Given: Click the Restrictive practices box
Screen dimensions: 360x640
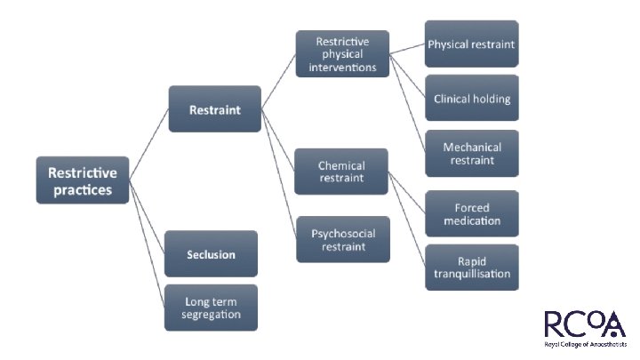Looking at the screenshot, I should pyautogui.click(x=83, y=180).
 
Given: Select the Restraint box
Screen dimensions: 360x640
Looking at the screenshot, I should pyautogui.click(x=214, y=109).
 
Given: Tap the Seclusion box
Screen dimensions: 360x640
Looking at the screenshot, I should pyautogui.click(x=211, y=254).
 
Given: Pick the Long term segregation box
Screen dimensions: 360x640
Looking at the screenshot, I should pyautogui.click(x=211, y=308).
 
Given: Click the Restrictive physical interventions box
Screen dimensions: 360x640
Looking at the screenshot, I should pyautogui.click(x=342, y=53).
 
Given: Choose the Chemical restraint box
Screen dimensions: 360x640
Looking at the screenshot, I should pyautogui.click(x=342, y=172).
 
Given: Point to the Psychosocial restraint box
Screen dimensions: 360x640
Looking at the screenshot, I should pyautogui.click(x=342, y=239).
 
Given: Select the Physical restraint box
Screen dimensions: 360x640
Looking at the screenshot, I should pyautogui.click(x=471, y=44).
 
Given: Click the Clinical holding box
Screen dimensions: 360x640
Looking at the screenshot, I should pyautogui.click(x=471, y=99).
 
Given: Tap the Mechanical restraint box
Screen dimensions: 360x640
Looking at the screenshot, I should pyautogui.click(x=471, y=154).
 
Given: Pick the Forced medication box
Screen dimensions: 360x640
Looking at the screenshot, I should pyautogui.click(x=471, y=213).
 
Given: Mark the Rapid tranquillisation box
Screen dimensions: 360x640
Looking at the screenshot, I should pyautogui.click(x=471, y=267).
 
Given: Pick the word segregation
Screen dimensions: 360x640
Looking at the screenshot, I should pyautogui.click(x=211, y=315).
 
